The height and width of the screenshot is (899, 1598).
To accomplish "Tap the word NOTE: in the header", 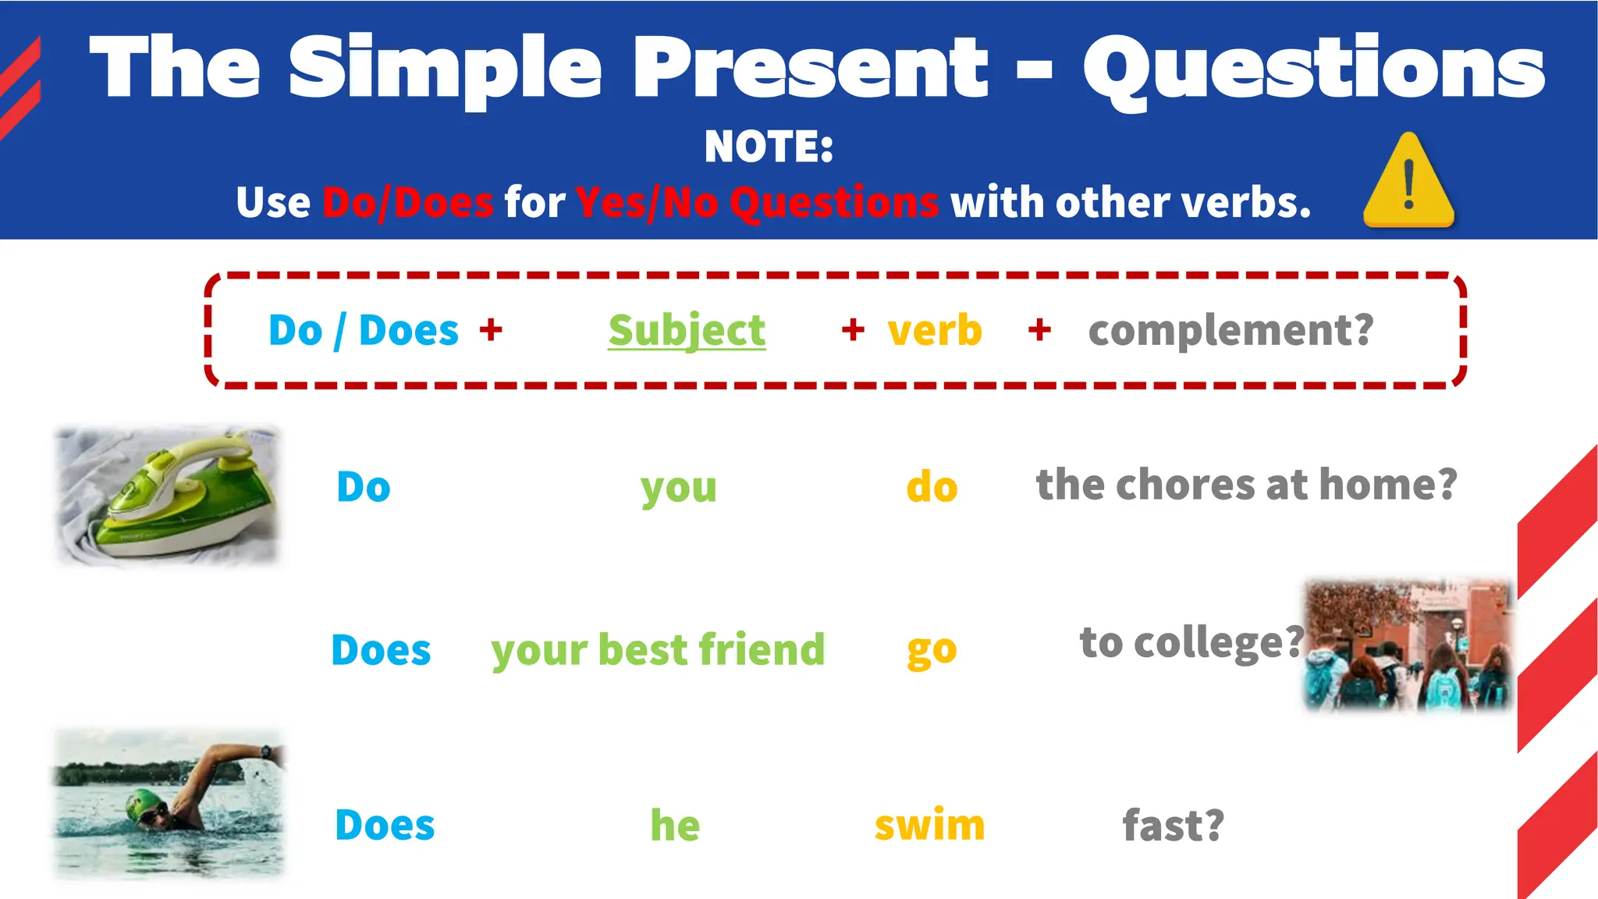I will pos(769,147).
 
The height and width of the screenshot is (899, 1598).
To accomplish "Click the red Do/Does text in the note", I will pos(408,203).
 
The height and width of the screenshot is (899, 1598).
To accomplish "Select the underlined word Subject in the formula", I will pos(687,330).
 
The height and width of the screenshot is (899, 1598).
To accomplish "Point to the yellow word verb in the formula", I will pos(935,330).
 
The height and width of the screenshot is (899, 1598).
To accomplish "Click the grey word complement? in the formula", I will pos(1230,330).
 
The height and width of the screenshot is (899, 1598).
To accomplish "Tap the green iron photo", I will pos(168,496).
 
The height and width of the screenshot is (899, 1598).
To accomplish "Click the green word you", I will pos(678,489).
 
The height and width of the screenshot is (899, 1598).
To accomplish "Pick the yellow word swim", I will pos(929,825).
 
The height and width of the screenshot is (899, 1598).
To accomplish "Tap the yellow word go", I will pos(932,650).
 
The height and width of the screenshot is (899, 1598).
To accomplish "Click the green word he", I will pos(675,825).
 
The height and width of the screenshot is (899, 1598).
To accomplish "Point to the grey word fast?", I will pos(1173,826).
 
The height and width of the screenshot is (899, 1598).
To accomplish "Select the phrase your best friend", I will pos(658,650).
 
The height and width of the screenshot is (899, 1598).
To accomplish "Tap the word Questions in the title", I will pos(1313,70).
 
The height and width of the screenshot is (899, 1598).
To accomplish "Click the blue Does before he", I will pos(385,825).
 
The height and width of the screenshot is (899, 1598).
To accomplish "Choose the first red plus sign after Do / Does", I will pos(491,329).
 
